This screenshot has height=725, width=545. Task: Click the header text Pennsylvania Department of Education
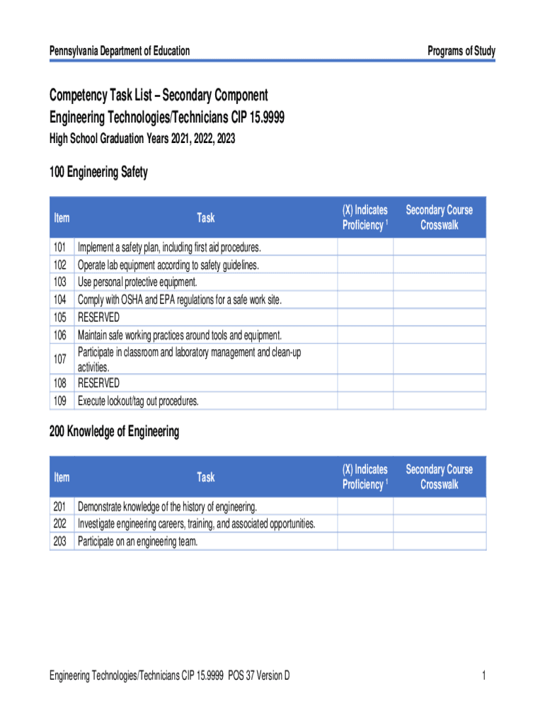[119, 51]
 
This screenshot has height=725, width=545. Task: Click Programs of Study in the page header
[461, 51]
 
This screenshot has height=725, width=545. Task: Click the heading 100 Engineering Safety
[98, 172]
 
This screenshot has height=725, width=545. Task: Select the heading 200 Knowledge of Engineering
[114, 431]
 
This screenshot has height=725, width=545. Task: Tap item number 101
[59, 247]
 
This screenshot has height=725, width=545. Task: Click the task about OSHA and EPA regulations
[180, 299]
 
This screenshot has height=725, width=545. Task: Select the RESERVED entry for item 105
[98, 316]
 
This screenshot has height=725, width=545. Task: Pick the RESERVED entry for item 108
[98, 383]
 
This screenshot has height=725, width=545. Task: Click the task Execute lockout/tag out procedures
[138, 401]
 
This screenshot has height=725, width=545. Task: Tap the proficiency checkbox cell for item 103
[365, 282]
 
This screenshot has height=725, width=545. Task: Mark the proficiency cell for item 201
[365, 506]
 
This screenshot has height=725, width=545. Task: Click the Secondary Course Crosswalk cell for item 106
[440, 334]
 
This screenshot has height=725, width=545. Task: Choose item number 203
[59, 542]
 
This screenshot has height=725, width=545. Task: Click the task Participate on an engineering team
[138, 542]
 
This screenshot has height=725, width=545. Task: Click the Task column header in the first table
[206, 217]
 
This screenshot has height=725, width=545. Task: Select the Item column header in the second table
[62, 477]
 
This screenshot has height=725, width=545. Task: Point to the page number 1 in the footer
[483, 675]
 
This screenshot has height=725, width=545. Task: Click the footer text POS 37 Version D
[258, 675]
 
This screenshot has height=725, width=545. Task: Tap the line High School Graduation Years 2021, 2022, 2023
[142, 139]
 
